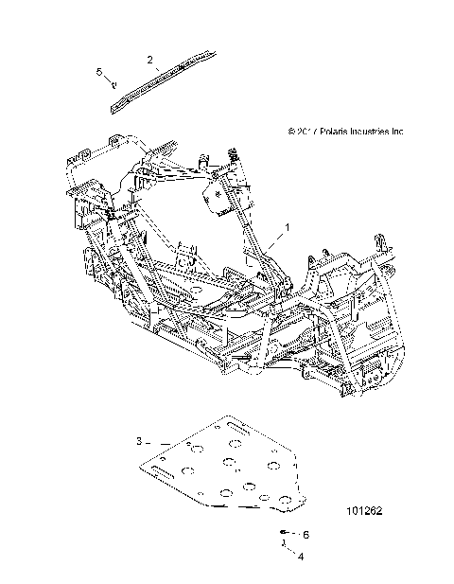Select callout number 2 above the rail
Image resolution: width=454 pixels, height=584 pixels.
coord(150,60)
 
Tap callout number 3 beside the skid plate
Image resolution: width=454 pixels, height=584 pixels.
coord(138,441)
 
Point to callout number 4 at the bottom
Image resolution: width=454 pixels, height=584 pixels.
coord(301,557)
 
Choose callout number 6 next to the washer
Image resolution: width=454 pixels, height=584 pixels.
coord(306,535)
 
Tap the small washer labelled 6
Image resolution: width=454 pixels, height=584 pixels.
coord(285,534)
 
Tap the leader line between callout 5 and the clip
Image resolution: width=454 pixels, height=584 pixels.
coord(107,79)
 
